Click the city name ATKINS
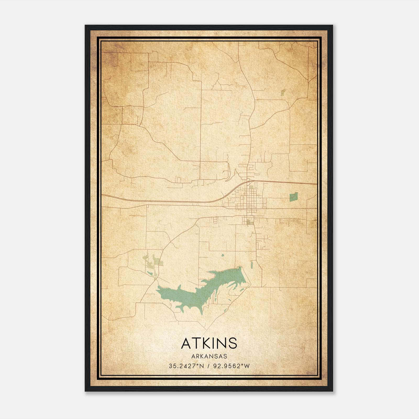[x=209, y=343]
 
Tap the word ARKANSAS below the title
[x=209, y=356]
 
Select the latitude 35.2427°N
[x=186, y=366]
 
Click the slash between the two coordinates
[x=208, y=366]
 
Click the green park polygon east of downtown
[x=294, y=197]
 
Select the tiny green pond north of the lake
[x=223, y=255]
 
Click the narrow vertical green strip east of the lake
[x=252, y=264]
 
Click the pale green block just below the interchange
[x=251, y=187]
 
